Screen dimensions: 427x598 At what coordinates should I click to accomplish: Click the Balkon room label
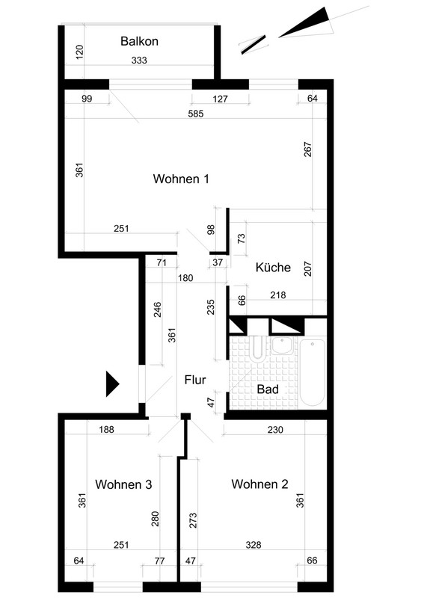[x=139, y=41]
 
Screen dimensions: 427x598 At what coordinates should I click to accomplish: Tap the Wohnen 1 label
[x=181, y=179]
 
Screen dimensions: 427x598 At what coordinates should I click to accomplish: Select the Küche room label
[x=273, y=267]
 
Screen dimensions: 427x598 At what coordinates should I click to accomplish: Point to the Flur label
[x=195, y=380]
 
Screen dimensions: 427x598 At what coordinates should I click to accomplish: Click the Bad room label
[x=268, y=389]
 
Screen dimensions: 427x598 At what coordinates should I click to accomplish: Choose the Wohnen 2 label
[x=259, y=484]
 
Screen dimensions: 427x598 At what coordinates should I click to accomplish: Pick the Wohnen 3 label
[x=123, y=484]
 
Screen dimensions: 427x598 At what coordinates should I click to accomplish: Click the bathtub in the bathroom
[x=312, y=372]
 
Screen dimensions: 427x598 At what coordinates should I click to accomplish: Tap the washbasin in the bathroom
[x=282, y=345]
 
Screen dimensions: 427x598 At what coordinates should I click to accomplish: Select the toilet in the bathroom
[x=257, y=348]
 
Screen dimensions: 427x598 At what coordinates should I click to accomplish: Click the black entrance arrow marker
[x=113, y=383]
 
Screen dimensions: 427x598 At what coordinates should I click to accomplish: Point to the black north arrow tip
[x=279, y=37]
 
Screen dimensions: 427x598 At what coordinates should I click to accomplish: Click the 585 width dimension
[x=196, y=114]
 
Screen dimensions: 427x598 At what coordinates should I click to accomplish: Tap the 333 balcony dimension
[x=139, y=61]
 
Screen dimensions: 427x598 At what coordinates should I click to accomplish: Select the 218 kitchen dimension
[x=277, y=295]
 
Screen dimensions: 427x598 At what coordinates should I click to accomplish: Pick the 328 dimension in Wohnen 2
[x=254, y=545]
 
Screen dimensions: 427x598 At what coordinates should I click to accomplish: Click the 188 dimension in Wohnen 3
[x=106, y=429]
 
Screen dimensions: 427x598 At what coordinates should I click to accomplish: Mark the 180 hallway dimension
[x=185, y=277]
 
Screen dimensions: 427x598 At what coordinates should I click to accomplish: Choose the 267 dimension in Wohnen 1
[x=308, y=149]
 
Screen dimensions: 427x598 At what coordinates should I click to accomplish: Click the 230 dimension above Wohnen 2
[x=275, y=430]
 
